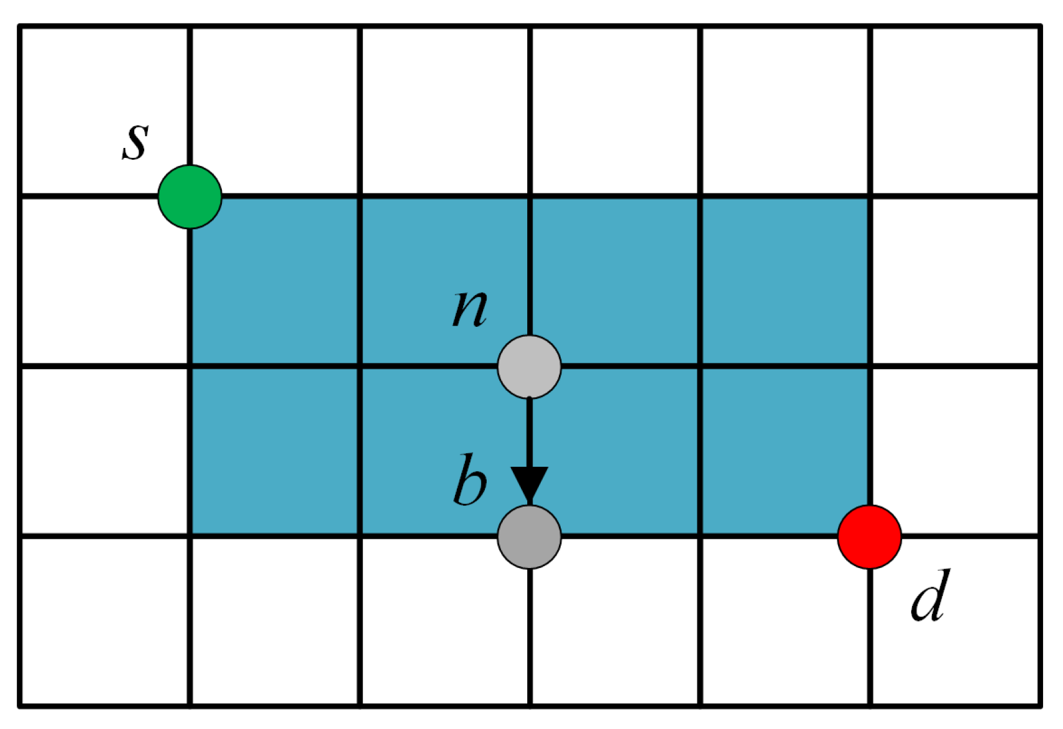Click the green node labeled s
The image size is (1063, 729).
click(190, 196)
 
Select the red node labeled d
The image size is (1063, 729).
click(869, 536)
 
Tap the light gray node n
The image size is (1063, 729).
click(529, 367)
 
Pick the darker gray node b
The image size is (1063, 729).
click(529, 536)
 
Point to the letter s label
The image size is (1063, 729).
click(136, 140)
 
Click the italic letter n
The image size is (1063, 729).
click(469, 308)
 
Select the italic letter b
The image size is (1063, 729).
click(469, 479)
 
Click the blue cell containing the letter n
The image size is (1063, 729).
click(444, 281)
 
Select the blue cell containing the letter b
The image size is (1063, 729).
click(444, 451)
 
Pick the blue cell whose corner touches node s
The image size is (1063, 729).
click(274, 281)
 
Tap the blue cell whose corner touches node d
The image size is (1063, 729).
click(785, 451)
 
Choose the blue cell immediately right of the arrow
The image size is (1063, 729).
click(614, 451)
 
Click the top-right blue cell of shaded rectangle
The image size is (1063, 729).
click(785, 281)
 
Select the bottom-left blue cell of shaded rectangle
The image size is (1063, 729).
click(274, 451)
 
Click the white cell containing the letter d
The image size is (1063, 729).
click(954, 620)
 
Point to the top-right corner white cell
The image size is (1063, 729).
click(954, 111)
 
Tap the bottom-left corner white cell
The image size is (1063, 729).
click(104, 620)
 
